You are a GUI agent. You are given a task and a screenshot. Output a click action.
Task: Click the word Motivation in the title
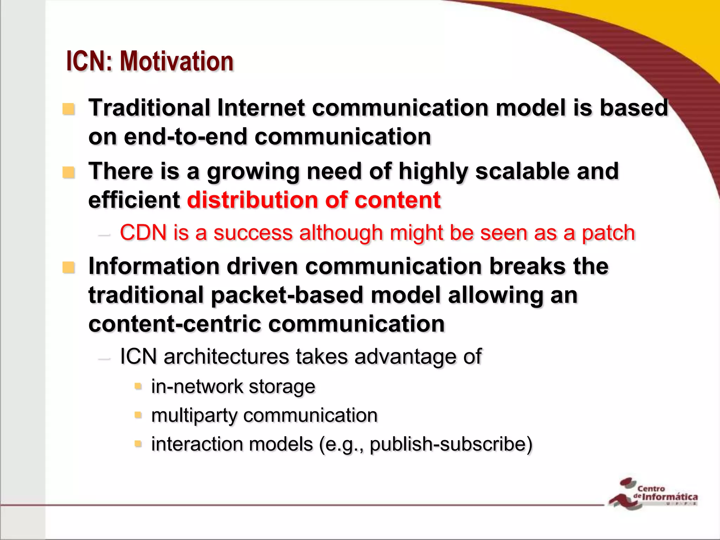[x=176, y=62]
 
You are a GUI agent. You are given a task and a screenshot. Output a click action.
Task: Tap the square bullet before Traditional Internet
[x=69, y=109]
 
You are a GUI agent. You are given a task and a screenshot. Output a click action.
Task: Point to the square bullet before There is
[x=69, y=173]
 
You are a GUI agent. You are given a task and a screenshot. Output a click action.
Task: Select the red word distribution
[x=252, y=200]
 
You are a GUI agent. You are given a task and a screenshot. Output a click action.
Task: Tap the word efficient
[x=134, y=200]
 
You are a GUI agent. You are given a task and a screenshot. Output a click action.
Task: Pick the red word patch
[x=608, y=233]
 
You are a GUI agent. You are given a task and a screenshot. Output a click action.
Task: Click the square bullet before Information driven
[x=69, y=268]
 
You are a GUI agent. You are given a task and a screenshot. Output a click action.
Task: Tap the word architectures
[x=226, y=356]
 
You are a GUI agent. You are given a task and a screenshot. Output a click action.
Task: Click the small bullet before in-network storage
[x=138, y=387]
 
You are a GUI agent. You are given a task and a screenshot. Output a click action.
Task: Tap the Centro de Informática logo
[x=653, y=493]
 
